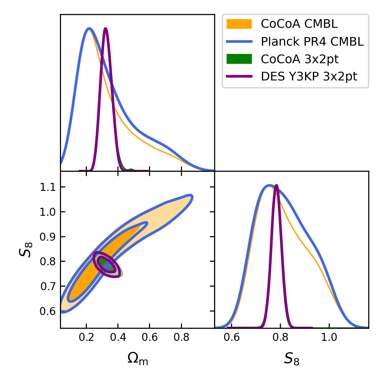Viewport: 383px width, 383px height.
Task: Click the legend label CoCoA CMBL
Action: point(299,24)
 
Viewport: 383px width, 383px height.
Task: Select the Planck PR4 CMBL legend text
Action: point(312,41)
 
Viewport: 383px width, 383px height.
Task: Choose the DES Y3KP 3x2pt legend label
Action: point(309,77)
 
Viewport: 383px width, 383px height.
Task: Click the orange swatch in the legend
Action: point(239,24)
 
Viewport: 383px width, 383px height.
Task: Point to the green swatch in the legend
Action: point(239,59)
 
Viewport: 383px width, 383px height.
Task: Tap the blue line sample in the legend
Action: point(239,41)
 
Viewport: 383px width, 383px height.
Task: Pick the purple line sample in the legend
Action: point(239,77)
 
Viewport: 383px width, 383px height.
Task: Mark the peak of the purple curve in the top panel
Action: point(105,28)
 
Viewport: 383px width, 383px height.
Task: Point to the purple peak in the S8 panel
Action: point(276,185)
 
